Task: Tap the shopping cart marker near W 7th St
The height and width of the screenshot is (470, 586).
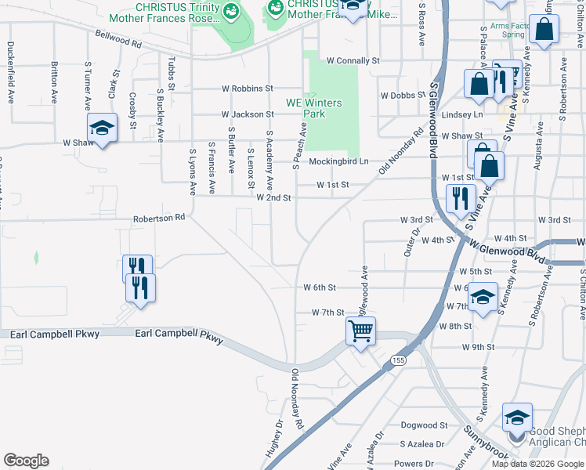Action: tap(360, 331)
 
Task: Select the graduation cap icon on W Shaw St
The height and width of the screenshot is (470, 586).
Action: tap(101, 128)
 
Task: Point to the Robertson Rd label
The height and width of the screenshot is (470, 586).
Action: tap(158, 218)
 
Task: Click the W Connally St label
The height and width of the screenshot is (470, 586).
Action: tap(353, 60)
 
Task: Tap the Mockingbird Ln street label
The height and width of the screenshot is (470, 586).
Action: tap(338, 161)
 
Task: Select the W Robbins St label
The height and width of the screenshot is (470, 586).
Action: tap(247, 89)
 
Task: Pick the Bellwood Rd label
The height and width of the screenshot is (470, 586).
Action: tap(118, 39)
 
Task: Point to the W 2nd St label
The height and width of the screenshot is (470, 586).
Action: tap(273, 198)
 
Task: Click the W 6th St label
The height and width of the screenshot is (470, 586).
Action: tap(320, 287)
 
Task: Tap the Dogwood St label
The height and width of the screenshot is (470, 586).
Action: tap(423, 425)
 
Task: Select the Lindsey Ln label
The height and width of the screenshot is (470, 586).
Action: tap(462, 114)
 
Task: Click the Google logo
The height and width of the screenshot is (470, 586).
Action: tap(26, 461)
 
